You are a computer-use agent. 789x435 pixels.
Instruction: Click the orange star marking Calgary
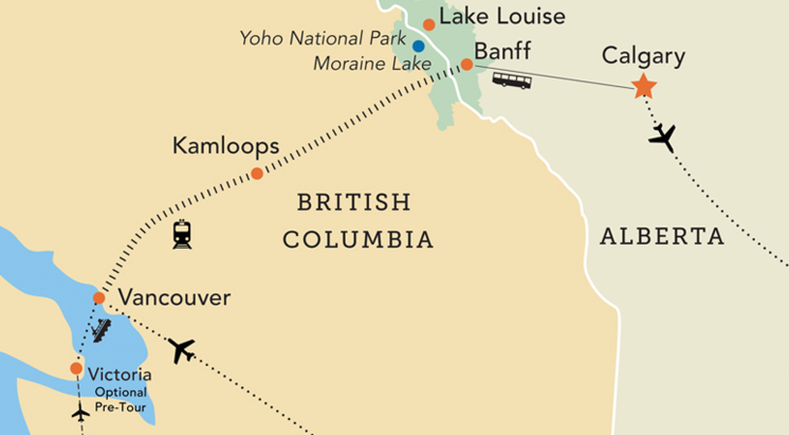pyautogui.click(x=644, y=86)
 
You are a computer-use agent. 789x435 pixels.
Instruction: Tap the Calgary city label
pyautogui.click(x=643, y=56)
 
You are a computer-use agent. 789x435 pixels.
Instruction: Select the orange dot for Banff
pyautogui.click(x=467, y=64)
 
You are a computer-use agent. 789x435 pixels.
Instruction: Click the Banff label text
pyautogui.click(x=502, y=51)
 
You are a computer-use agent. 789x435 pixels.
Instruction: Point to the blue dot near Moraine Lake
pyautogui.click(x=418, y=46)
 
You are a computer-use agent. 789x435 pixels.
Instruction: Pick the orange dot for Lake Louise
pyautogui.click(x=429, y=25)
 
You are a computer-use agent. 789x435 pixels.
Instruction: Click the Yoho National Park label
pyautogui.click(x=322, y=38)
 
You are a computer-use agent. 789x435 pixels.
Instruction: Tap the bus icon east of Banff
pyautogui.click(x=512, y=80)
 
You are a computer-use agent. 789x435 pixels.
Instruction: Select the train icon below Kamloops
pyautogui.click(x=182, y=234)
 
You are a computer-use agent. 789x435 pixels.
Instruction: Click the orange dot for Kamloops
pyautogui.click(x=257, y=174)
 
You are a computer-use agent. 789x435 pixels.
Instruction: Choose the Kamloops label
pyautogui.click(x=225, y=146)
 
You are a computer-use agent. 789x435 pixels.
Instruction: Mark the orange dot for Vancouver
pyautogui.click(x=99, y=298)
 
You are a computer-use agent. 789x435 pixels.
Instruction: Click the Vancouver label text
pyautogui.click(x=174, y=298)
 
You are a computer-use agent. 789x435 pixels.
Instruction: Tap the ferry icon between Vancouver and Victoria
pyautogui.click(x=101, y=330)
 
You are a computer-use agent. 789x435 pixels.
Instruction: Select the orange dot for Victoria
pyautogui.click(x=76, y=368)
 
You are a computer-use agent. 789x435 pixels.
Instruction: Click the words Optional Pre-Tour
pyautogui.click(x=120, y=400)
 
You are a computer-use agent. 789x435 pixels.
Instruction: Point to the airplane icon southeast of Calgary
pyautogui.click(x=663, y=138)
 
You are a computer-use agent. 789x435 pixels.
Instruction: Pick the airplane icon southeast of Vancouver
pyautogui.click(x=182, y=350)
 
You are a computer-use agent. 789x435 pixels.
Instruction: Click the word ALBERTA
pyautogui.click(x=662, y=236)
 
